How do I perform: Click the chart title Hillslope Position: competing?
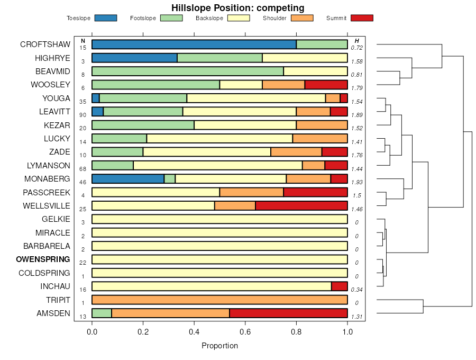(237, 8)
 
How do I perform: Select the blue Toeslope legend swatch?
(105, 18)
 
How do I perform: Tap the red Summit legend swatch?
(362, 18)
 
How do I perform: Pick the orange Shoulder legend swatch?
(302, 18)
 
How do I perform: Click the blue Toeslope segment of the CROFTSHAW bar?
(194, 44)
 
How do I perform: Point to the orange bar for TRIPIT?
(219, 300)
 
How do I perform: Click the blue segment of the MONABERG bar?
(128, 178)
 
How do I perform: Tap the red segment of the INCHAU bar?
(339, 286)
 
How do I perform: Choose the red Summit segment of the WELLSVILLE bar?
(301, 205)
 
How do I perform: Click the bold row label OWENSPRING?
(43, 259)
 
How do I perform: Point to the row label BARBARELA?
(47, 246)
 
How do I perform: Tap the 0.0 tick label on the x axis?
(92, 332)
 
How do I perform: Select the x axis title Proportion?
(219, 346)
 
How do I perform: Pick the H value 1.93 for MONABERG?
(356, 182)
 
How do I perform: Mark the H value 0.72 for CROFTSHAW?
(356, 48)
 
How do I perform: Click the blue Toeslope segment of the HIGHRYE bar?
(134, 58)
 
